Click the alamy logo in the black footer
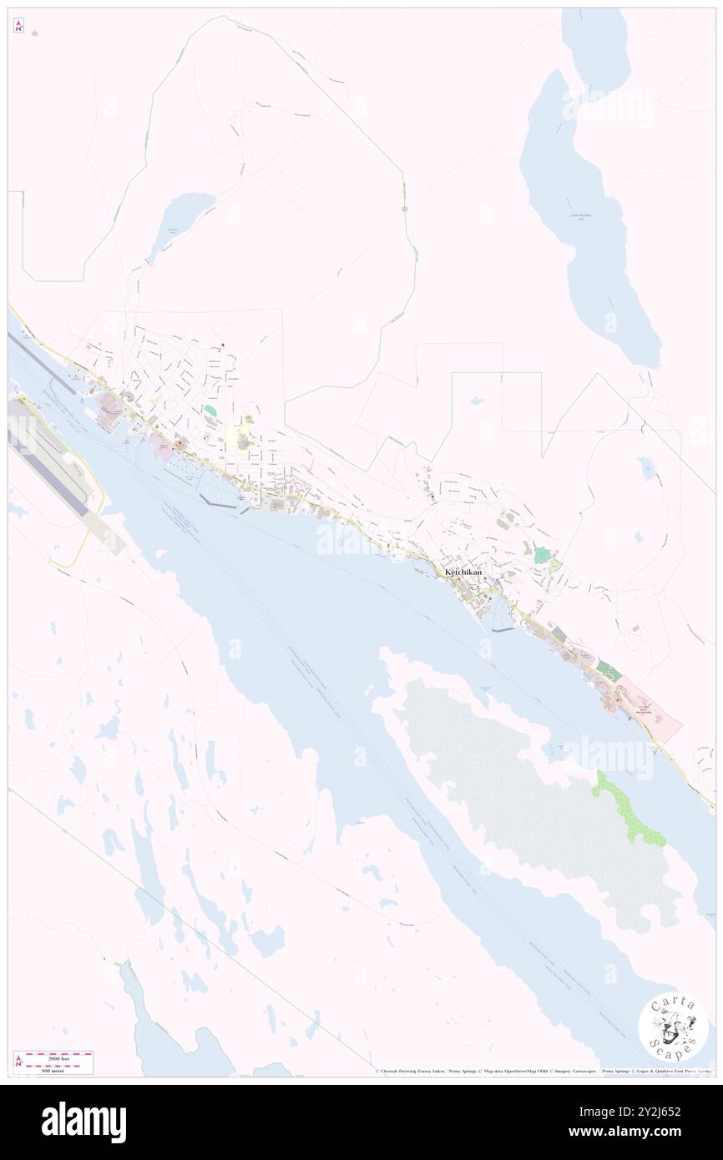coord(83,1122)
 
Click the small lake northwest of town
coord(183,219)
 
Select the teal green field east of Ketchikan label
coord(543,554)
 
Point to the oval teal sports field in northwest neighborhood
coord(210,411)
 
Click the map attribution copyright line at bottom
coord(543,1071)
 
